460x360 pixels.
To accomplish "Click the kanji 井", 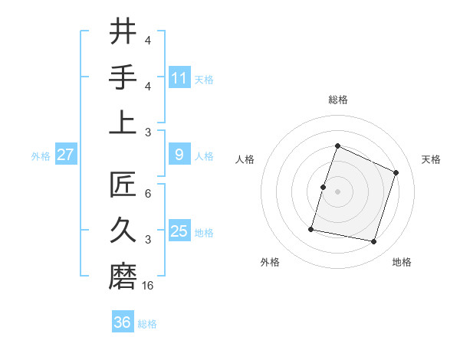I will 123,31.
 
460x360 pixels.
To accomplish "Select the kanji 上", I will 123,123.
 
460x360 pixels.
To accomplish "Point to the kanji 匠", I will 123,185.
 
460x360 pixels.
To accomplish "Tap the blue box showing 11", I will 179,77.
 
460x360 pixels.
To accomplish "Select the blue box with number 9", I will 179,155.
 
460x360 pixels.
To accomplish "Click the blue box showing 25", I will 179,231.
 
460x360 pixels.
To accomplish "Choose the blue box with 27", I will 65,155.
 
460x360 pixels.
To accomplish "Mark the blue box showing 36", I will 123,322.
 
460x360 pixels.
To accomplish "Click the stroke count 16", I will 148,286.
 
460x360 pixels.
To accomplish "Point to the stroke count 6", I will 148,194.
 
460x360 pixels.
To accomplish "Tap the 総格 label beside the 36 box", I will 147,324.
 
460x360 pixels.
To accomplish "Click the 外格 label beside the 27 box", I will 41,156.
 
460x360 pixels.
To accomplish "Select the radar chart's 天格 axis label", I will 431,159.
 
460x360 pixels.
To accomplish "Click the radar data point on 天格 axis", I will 396,172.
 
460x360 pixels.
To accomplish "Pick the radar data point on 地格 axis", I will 373,242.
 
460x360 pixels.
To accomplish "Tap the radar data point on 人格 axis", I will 324,187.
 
